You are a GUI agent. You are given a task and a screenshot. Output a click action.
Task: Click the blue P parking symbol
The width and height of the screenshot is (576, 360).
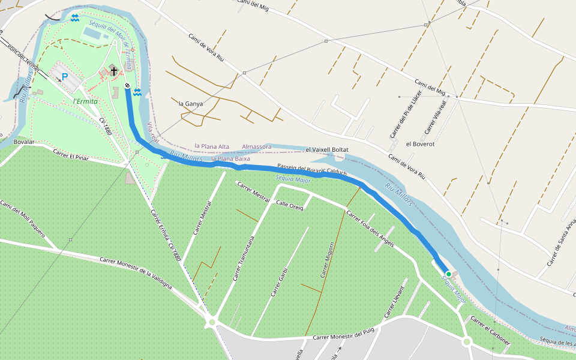pyautogui.click(x=65, y=77)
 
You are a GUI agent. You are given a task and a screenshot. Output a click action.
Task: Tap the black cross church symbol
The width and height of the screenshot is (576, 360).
pyautogui.click(x=113, y=71)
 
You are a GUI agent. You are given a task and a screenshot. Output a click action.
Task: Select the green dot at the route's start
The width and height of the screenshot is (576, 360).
pyautogui.click(x=448, y=274)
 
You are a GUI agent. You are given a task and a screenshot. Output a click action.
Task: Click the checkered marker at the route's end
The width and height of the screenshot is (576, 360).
pyautogui.click(x=128, y=86)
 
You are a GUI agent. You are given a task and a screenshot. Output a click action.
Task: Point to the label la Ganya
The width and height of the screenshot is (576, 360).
pyautogui.click(x=191, y=103)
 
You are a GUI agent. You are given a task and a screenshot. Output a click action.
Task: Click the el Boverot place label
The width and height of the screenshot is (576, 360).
pyautogui.click(x=420, y=144)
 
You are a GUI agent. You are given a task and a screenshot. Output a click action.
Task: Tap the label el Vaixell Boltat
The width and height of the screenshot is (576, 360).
pyautogui.click(x=327, y=149)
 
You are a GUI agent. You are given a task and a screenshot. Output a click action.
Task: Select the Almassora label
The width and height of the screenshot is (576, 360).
pyautogui.click(x=257, y=146)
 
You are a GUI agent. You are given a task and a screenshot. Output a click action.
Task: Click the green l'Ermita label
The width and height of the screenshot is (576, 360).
pyautogui.click(x=85, y=101)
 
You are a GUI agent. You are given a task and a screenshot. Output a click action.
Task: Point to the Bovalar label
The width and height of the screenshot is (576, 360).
pyautogui.click(x=24, y=142)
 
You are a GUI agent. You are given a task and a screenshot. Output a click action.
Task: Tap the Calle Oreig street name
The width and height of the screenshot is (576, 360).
pyautogui.click(x=290, y=205)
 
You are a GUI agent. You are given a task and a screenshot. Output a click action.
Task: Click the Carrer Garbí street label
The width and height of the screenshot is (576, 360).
pyautogui.click(x=280, y=283)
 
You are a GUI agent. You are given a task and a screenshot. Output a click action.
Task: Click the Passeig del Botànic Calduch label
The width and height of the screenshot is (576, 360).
pyautogui.click(x=312, y=170)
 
